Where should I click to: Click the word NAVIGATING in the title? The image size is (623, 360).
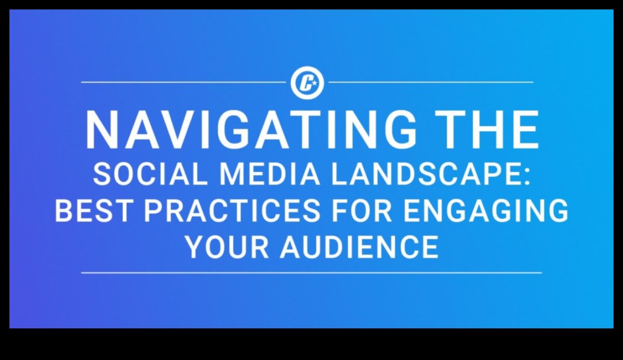tap(252, 129)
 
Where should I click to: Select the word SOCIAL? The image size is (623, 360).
tap(150, 175)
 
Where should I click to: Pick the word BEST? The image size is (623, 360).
tap(93, 210)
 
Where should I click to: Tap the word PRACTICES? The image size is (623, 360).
tap(232, 210)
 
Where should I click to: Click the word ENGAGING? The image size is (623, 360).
tap(485, 210)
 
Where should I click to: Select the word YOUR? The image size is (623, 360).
tap(227, 247)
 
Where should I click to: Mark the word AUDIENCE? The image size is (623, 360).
tap(359, 247)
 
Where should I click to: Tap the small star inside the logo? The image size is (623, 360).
tap(314, 83)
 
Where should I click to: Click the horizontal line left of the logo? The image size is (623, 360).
tap(184, 83)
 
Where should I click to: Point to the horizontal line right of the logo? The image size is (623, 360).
tap(431, 83)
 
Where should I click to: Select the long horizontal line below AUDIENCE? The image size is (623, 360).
tap(311, 273)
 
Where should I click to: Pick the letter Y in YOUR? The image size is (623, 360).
tap(195, 247)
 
